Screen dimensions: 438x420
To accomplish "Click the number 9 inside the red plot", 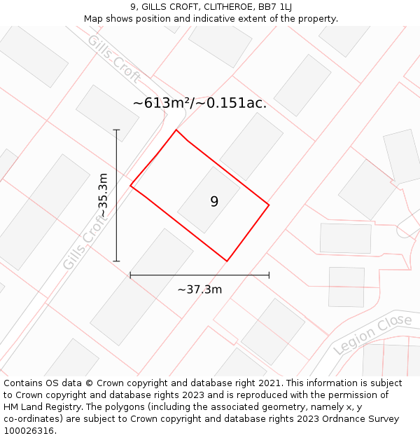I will pos(214,202).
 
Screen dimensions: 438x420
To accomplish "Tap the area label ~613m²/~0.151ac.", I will pos(199,103).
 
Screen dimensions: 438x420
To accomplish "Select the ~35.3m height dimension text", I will pos(103,195).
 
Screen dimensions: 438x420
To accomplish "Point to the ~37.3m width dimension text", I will pos(199,289).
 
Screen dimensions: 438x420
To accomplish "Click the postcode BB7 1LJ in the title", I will pos(274,7).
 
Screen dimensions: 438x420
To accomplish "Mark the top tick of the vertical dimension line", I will pos(116,130).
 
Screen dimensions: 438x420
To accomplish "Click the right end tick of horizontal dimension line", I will pos(269,275).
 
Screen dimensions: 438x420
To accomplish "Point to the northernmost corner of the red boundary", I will pos(176,130).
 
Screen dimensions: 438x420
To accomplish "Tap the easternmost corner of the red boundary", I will pos(269,205).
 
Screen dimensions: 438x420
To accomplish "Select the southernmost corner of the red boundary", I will pos(227,261).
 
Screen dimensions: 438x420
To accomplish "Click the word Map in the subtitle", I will pos(94,19).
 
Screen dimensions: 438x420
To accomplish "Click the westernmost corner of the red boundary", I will pos(131,186).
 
